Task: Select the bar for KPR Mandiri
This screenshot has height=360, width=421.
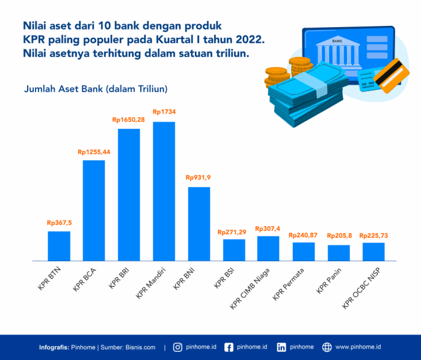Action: (x=164, y=191)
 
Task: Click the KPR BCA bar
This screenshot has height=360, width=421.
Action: (x=94, y=210)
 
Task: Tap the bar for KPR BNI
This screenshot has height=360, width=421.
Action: (x=199, y=223)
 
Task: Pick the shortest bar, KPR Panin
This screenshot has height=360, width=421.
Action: (x=339, y=253)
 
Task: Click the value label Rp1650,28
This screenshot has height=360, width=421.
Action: (x=129, y=120)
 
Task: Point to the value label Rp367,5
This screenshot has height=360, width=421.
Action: (x=59, y=223)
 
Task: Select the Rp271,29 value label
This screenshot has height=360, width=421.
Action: (x=234, y=232)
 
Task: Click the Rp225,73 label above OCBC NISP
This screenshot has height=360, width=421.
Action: (x=373, y=235)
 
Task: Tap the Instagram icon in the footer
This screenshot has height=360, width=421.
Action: (x=178, y=347)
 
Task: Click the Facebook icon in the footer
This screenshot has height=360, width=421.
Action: (x=229, y=347)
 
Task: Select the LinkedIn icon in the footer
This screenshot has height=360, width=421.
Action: (x=281, y=347)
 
